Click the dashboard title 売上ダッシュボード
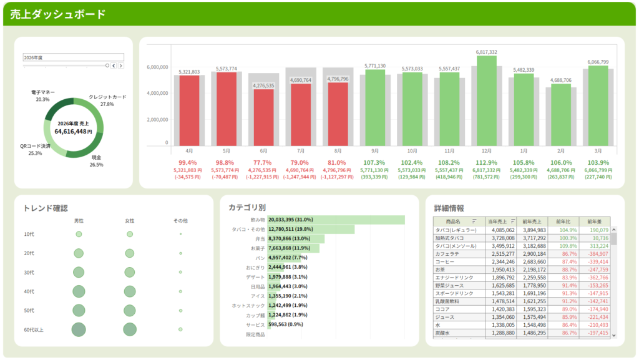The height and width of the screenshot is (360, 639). click(x=57, y=14)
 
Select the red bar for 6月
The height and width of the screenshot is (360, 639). click(x=263, y=117)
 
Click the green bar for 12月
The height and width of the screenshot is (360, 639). click(x=487, y=100)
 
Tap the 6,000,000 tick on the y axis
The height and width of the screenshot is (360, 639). click(x=157, y=67)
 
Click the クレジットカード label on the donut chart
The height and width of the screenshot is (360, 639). click(x=107, y=97)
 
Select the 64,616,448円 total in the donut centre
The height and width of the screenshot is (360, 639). click(x=74, y=132)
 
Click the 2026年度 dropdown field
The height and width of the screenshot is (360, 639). click(x=66, y=57)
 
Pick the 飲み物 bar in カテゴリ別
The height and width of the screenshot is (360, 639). click(x=336, y=220)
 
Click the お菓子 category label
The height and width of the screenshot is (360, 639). click(x=257, y=249)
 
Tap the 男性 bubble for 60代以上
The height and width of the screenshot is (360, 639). click(x=79, y=329)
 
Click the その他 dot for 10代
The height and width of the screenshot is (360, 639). click(x=180, y=234)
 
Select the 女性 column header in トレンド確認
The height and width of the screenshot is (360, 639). click(x=130, y=221)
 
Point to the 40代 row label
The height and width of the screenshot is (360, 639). click(x=29, y=291)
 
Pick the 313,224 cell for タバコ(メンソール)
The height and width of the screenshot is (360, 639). click(x=597, y=246)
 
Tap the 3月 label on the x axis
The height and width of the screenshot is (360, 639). click(x=598, y=151)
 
